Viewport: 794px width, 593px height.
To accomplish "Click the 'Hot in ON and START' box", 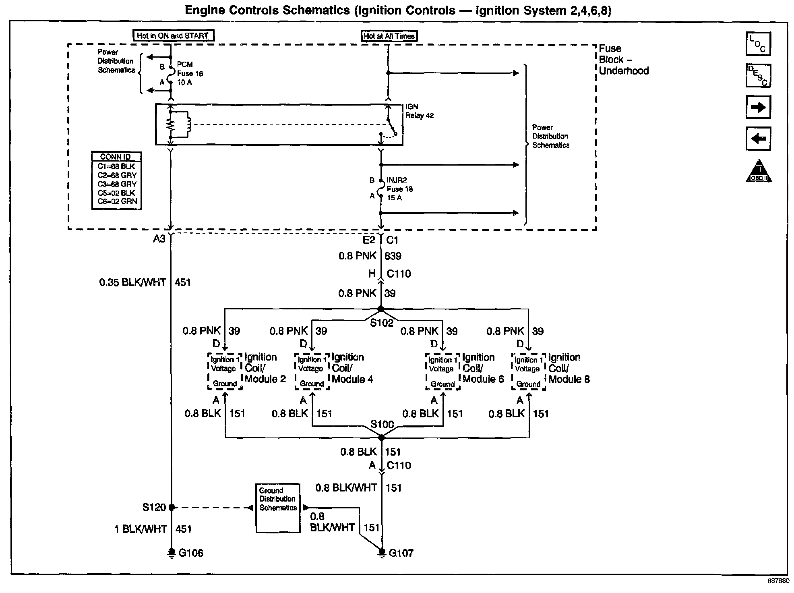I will tap(173, 35).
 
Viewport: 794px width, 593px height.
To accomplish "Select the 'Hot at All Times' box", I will tap(389, 36).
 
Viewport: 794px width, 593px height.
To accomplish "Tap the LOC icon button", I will tap(758, 44).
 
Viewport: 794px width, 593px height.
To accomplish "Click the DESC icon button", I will tap(758, 75).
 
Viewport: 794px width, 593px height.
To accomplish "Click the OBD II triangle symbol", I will tap(759, 171).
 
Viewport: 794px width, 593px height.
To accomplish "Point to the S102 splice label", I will tap(381, 323).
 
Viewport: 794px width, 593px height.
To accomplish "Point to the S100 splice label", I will tap(382, 424).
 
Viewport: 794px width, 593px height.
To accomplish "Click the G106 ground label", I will tap(191, 553).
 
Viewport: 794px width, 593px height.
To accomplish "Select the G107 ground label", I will tap(401, 553).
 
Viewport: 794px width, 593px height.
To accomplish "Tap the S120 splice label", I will tap(154, 507).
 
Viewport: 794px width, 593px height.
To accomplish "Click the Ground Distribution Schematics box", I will tap(278, 508).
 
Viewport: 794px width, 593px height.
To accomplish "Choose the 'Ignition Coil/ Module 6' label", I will tap(483, 368).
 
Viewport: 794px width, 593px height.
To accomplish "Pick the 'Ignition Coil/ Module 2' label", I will tap(265, 368).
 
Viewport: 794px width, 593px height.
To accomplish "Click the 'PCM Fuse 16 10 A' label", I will tap(190, 74).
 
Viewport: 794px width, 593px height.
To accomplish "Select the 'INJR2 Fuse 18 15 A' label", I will tap(399, 189).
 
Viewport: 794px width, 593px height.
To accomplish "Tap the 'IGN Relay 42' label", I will tap(419, 111).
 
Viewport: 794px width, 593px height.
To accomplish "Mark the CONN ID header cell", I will tap(116, 157).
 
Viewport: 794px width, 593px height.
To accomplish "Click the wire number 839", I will tap(393, 256).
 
